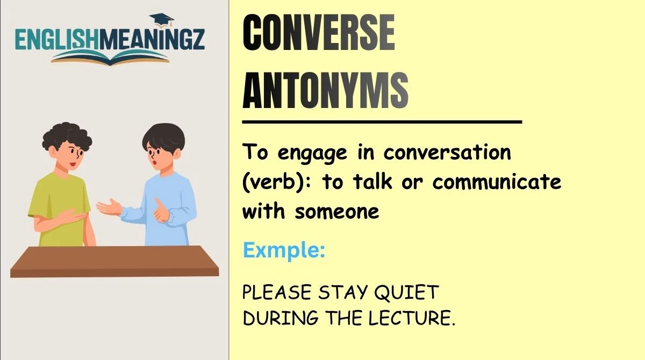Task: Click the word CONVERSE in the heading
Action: point(319,34)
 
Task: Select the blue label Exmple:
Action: point(284,250)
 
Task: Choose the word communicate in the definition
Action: point(497,182)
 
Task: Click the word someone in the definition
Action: point(337,211)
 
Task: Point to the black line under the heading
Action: point(382,122)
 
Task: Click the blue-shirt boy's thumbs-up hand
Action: point(160,210)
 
